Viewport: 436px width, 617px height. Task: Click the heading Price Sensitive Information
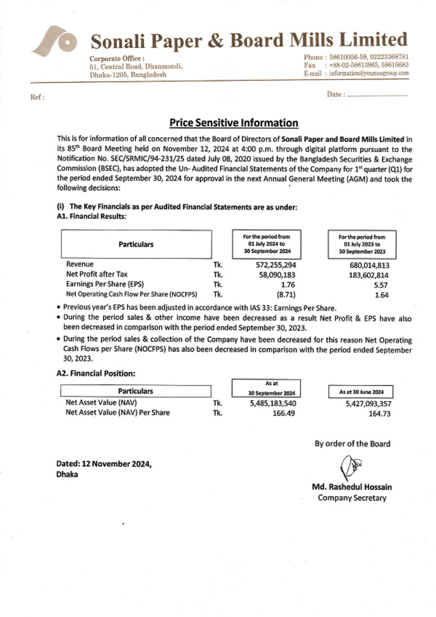[x=233, y=123]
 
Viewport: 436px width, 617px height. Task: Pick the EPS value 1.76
[x=288, y=284]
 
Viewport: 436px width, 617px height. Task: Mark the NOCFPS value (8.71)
[x=286, y=294]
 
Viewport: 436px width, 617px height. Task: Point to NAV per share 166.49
[x=282, y=413]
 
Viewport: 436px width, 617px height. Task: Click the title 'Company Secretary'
[x=352, y=497]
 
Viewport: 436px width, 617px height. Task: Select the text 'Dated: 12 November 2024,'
[x=103, y=464]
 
